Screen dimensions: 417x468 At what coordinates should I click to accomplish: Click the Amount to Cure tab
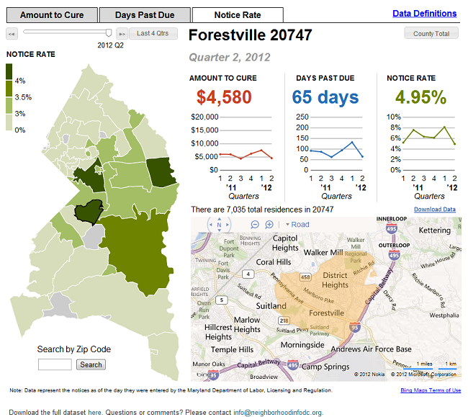(52, 15)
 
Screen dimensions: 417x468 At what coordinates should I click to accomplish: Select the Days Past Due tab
(145, 15)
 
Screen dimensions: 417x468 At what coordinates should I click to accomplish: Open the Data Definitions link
(424, 14)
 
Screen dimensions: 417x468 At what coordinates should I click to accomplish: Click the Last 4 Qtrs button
(153, 33)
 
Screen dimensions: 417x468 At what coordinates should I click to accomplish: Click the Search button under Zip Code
(91, 364)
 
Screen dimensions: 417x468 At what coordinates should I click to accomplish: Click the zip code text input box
(55, 364)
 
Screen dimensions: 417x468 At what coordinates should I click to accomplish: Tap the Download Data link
(434, 210)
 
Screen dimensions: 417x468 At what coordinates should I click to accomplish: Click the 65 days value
(325, 97)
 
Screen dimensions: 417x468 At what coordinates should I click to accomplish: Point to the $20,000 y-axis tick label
(204, 117)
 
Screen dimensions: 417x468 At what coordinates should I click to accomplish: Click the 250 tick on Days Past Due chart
(301, 117)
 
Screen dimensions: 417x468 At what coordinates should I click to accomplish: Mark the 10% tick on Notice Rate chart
(393, 117)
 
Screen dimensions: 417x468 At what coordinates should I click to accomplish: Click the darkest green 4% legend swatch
(9, 72)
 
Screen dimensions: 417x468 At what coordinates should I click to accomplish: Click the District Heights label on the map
(335, 280)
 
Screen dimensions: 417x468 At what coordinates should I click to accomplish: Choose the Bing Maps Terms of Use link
(431, 390)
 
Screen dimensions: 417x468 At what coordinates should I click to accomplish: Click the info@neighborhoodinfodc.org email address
(277, 413)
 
